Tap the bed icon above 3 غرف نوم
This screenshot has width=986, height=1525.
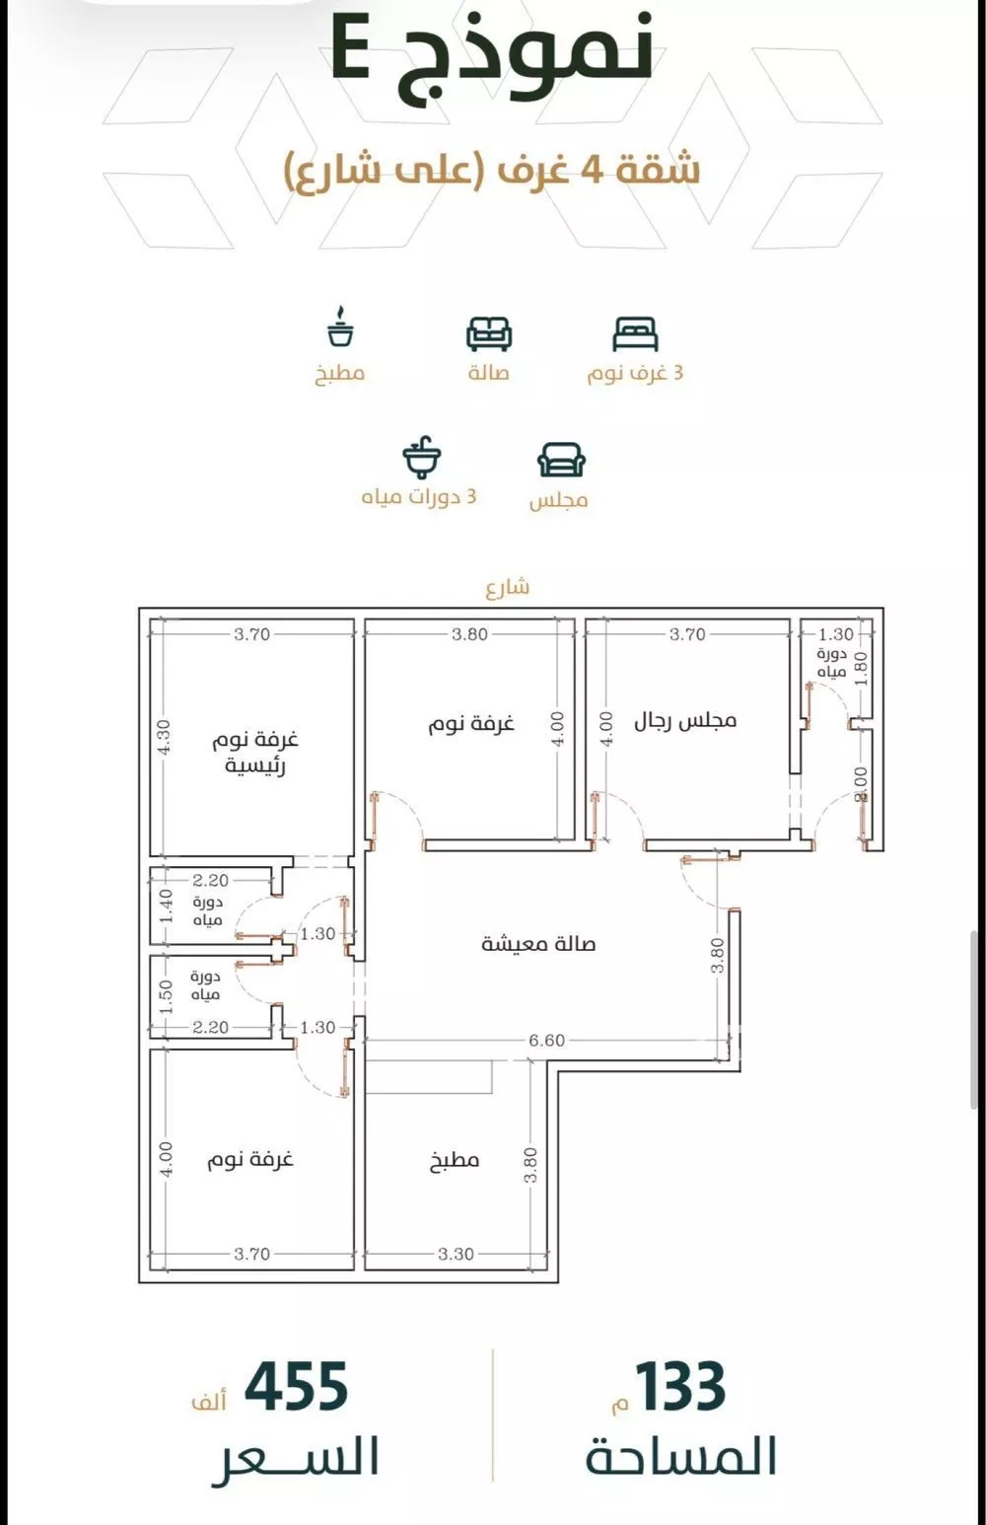(x=635, y=334)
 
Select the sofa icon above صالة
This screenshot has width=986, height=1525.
(x=489, y=334)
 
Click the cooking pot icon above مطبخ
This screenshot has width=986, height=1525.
(x=339, y=327)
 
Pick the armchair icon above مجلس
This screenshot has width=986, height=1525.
(x=561, y=460)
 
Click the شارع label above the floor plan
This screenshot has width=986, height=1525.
(x=508, y=587)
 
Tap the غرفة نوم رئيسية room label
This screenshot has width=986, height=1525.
(x=254, y=753)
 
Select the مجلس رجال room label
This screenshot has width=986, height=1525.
(x=686, y=721)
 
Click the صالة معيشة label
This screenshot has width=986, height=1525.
(x=538, y=944)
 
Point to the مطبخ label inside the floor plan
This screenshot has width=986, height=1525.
(x=456, y=1159)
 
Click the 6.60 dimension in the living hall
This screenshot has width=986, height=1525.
(x=547, y=1041)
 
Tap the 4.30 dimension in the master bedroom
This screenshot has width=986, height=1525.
(x=165, y=737)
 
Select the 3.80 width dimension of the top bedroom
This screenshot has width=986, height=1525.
(x=469, y=634)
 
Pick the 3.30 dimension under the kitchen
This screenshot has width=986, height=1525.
(x=456, y=1254)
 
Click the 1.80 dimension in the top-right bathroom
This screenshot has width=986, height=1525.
(x=862, y=669)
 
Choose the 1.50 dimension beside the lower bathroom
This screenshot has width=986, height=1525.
(x=167, y=996)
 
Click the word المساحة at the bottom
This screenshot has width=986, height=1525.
(x=681, y=1456)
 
